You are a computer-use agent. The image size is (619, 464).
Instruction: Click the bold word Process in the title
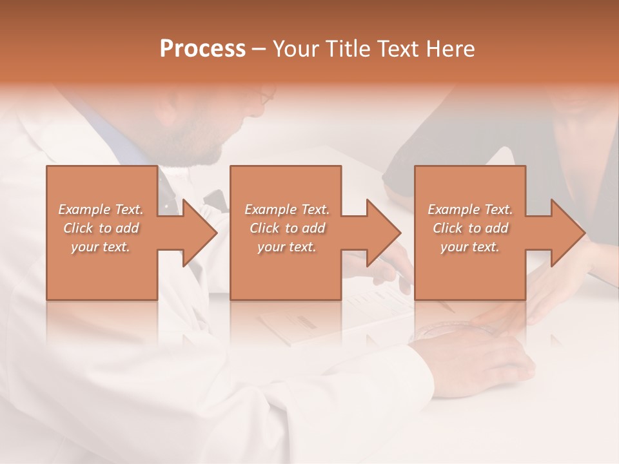(x=202, y=49)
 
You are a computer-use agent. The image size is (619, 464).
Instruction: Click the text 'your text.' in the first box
(x=101, y=246)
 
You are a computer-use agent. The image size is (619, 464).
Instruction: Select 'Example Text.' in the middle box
(x=287, y=209)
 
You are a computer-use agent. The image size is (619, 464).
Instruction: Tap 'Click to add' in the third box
(x=470, y=228)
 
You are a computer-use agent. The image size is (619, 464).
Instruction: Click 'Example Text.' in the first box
(x=101, y=209)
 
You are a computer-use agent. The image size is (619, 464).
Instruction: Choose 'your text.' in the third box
(x=470, y=247)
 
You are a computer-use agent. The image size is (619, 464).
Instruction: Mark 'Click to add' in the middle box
(x=287, y=228)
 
